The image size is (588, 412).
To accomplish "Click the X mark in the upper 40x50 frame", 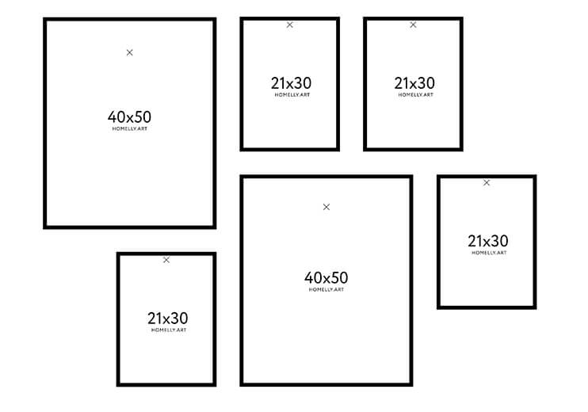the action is point(129,52).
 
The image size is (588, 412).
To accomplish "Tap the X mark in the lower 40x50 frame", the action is point(326,207).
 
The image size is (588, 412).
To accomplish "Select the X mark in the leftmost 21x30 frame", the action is point(166,260).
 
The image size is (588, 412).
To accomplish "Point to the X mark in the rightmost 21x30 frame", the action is point(487,182).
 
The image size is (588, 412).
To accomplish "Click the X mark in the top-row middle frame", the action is point(289,25).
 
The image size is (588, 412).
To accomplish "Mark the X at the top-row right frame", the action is point(413,25).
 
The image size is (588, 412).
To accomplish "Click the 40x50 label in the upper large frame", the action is point(129,117).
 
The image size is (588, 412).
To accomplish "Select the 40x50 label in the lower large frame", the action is point(326,278).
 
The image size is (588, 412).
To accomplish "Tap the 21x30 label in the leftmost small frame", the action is point(168,319).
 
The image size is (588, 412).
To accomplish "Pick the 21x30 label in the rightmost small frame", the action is point(488,241).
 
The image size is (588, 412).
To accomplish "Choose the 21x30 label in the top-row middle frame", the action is point(291,83).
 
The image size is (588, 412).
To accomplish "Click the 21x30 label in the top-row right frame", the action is point(414,83).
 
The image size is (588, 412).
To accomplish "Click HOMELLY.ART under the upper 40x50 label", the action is point(130,128).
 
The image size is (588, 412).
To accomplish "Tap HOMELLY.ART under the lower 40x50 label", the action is point(326,289).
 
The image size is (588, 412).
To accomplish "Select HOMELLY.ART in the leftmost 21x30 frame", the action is point(169,330).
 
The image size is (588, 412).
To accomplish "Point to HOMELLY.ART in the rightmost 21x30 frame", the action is point(489,253).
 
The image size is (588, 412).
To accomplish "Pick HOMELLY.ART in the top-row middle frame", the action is point(292,95).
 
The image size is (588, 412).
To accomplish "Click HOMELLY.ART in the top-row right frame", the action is point(415,95).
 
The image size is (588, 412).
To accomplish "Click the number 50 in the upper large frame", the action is point(143,117).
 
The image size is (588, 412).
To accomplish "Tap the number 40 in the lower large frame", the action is point(313,278).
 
